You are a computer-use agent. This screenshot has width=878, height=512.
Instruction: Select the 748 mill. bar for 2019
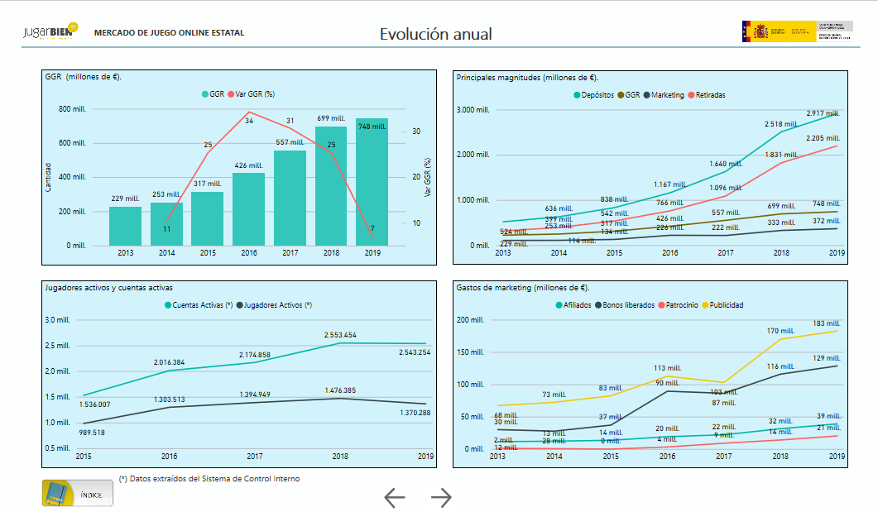(372, 182)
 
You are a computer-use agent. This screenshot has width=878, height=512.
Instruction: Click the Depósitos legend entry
(594, 95)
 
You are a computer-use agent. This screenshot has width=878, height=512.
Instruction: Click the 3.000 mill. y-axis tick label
(473, 110)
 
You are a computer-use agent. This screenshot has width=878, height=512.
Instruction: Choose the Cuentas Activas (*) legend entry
(199, 305)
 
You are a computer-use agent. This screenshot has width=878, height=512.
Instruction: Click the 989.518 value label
(91, 433)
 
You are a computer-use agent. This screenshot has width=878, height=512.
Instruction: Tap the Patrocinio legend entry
(680, 305)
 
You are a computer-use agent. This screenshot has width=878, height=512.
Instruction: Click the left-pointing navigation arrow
(395, 497)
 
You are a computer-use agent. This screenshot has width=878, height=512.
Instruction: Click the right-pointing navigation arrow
(442, 497)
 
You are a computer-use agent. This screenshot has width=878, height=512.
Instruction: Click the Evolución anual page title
(436, 34)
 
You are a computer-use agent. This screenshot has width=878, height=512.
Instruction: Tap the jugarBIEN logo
(50, 32)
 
